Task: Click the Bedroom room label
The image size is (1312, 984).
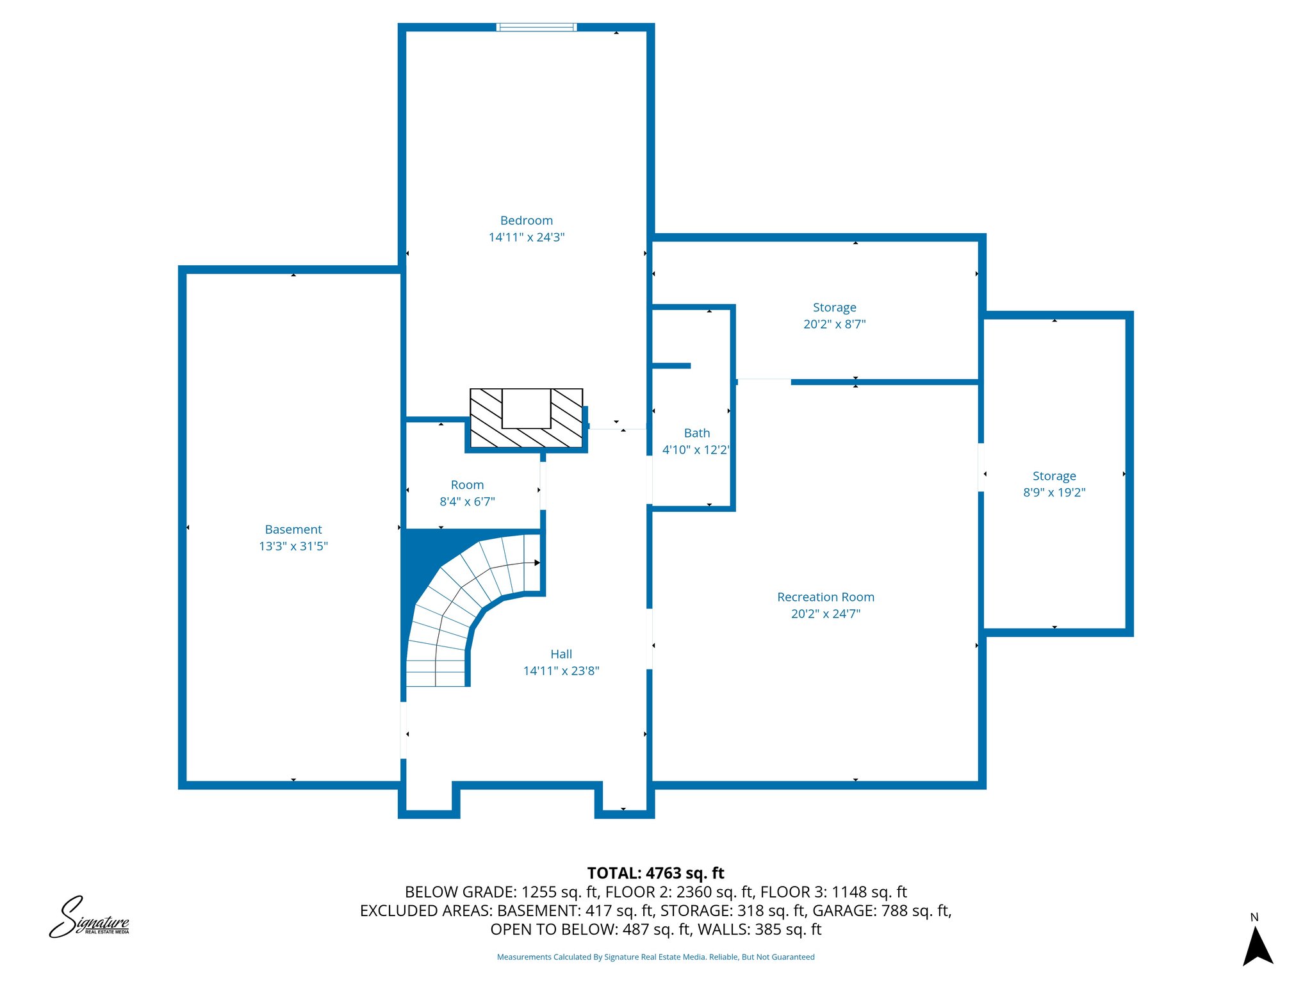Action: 526,220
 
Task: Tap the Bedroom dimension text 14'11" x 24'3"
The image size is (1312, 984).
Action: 526,237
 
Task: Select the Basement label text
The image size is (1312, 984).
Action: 293,529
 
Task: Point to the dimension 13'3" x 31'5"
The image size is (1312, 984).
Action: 293,546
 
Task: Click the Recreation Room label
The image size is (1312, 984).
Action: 826,597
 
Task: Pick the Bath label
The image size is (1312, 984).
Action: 697,433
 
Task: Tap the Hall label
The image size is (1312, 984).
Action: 561,654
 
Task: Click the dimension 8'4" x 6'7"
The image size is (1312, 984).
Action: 467,502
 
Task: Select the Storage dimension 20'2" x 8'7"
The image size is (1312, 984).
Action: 835,324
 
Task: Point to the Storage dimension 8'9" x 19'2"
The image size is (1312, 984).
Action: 1054,493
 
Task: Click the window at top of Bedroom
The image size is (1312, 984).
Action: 537,27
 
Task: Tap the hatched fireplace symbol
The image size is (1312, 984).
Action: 526,418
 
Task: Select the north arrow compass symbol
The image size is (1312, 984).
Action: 1258,945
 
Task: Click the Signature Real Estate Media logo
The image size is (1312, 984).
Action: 89,917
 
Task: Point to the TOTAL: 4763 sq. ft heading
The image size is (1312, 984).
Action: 655,873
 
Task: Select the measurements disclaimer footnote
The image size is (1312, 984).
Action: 655,957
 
